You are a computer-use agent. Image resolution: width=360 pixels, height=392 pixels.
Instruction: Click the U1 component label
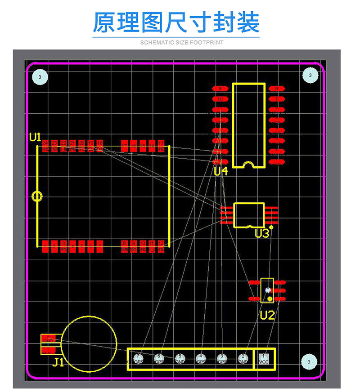35,137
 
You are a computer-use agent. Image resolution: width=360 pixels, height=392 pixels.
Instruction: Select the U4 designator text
221,171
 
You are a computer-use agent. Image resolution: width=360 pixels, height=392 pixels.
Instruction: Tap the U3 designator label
261,233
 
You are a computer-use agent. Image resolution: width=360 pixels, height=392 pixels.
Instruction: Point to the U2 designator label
267,315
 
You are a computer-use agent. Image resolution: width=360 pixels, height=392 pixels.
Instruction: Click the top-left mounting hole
40,77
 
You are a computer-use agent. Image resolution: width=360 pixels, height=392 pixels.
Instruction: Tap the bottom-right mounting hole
309,361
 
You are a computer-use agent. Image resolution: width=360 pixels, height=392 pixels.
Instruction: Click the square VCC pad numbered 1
264,359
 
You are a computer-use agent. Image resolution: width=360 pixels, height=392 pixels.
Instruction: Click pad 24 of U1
45,146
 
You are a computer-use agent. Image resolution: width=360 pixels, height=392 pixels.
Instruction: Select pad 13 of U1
161,146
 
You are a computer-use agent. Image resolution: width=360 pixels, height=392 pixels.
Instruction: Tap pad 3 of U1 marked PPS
63,246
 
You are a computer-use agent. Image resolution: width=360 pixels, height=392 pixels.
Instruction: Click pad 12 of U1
161,246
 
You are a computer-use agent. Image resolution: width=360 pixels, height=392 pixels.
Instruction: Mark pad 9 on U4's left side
220,89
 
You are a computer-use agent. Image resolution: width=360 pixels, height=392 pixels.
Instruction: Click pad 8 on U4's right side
276,89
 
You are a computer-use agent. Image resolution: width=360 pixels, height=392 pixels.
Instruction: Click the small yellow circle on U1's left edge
37,196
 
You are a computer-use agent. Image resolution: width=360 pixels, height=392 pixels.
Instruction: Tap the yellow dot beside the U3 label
271,228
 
